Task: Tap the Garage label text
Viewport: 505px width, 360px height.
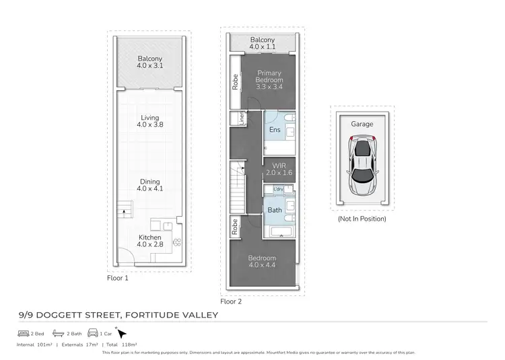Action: click(362, 124)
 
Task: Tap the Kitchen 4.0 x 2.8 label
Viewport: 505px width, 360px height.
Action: click(149, 241)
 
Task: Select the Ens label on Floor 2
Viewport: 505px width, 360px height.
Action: click(274, 130)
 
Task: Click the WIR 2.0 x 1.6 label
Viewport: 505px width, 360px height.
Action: click(279, 168)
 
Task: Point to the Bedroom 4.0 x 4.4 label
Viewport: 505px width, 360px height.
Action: click(261, 261)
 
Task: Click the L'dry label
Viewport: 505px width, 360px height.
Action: click(279, 188)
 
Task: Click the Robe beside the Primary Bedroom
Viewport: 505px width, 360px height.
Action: click(234, 82)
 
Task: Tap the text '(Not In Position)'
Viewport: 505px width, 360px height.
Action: click(362, 218)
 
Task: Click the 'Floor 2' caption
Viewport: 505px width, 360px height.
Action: click(230, 301)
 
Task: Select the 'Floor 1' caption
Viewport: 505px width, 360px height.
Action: click(117, 277)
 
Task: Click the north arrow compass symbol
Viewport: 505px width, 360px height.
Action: click(122, 333)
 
